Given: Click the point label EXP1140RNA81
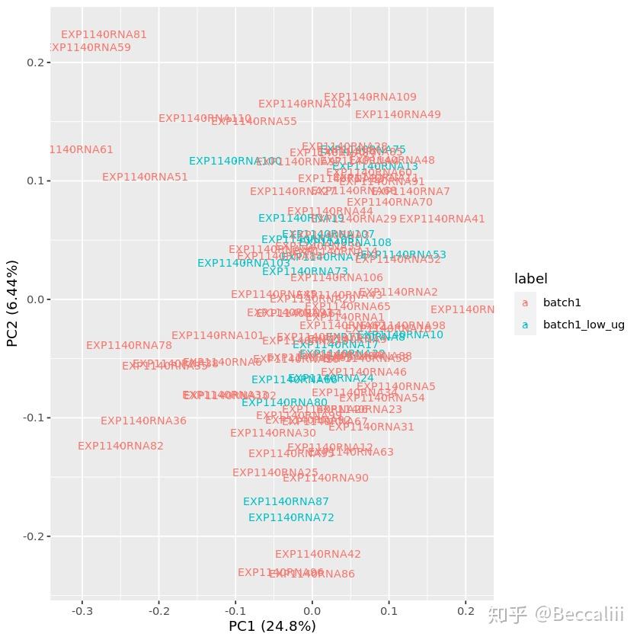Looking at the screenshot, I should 104,34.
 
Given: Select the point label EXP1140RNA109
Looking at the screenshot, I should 370,97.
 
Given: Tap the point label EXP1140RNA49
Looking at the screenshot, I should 398,114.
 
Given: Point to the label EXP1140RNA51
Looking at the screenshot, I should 145,177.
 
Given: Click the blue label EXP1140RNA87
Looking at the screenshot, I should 286,501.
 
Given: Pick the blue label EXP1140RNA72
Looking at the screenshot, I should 291,517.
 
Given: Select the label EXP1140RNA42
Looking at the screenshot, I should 318,554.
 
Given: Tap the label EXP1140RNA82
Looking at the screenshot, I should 120,446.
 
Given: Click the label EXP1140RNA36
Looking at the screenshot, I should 143,421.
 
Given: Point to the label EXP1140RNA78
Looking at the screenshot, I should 129,345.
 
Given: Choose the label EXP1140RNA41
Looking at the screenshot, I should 442,219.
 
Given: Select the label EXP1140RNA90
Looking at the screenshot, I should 325,478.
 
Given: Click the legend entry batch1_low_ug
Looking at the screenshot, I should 583,325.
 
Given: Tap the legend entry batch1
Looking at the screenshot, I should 562,302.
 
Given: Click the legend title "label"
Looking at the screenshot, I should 530,279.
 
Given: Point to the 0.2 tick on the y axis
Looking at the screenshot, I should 35,62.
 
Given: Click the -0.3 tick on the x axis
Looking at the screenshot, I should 82,610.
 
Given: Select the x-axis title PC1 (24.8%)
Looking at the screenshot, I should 272,626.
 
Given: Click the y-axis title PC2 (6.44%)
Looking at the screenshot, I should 12,303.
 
